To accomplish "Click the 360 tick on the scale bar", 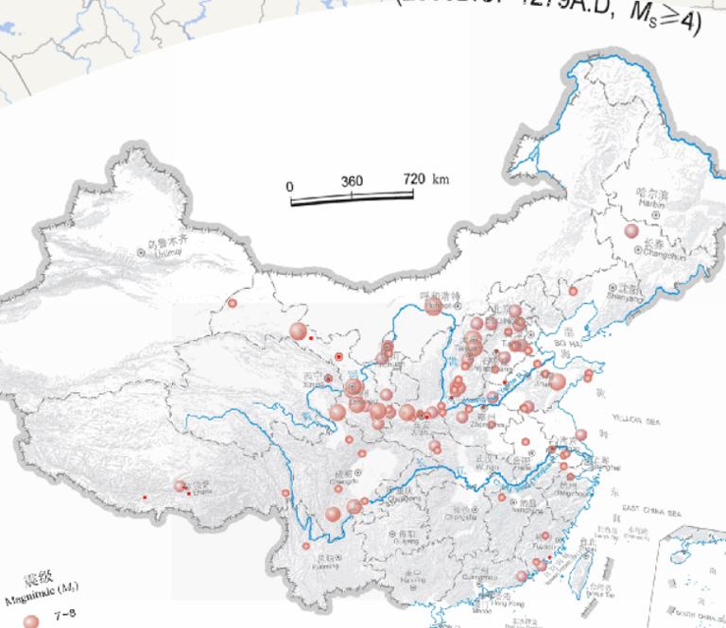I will [352, 181].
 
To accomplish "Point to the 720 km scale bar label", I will [425, 178].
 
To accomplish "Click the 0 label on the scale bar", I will [290, 186].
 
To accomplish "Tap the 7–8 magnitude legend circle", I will [31, 620].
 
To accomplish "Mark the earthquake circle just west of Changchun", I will [631, 231].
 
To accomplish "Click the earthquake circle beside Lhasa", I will [180, 485].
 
